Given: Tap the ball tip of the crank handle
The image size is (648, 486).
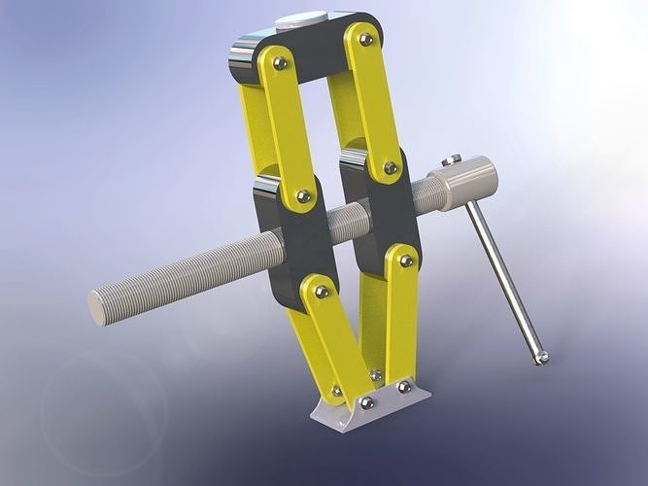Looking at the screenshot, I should tap(541, 359).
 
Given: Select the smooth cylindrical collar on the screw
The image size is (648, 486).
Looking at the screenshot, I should tap(465, 183).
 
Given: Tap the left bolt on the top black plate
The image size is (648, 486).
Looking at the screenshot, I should tap(280, 63).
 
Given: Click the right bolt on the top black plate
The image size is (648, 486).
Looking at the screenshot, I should tap(365, 40).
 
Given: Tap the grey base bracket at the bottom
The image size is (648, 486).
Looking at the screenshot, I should tap(374, 407).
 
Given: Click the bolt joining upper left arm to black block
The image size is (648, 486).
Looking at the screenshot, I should tap(303, 196).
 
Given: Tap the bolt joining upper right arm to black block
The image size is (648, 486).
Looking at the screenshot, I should tap(390, 167).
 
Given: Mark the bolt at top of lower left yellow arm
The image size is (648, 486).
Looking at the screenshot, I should tap(321, 292).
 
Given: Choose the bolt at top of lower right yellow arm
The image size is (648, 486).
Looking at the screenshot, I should tap(406, 260).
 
